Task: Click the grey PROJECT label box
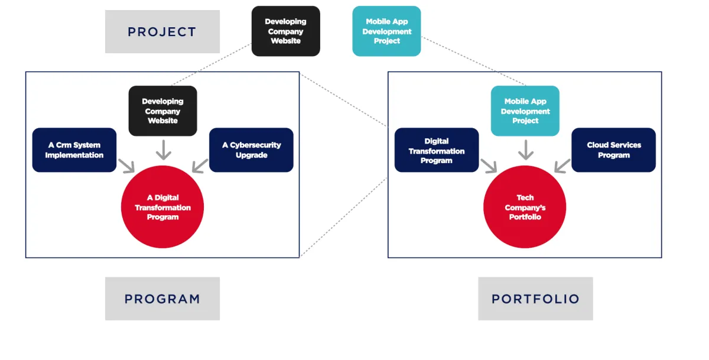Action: point(162,31)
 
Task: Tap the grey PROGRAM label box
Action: point(162,299)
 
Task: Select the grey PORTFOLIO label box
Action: point(535,299)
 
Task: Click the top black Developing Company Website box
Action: point(285,31)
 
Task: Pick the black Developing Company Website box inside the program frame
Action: point(162,111)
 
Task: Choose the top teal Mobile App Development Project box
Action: point(386,31)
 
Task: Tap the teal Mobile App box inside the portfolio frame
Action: point(525,111)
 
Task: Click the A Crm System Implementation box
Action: point(74,150)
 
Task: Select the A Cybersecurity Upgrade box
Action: point(251,150)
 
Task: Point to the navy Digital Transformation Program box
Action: point(437,150)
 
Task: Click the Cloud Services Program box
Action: point(613,150)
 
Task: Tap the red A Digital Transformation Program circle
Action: point(162,207)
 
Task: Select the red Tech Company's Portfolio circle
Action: point(525,207)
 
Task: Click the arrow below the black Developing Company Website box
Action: point(163,150)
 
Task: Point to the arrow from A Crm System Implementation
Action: point(126,166)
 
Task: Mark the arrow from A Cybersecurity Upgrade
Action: point(200,166)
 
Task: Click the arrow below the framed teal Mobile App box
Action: point(525,150)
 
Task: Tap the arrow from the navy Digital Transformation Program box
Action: point(489,166)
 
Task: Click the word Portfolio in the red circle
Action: point(525,217)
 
